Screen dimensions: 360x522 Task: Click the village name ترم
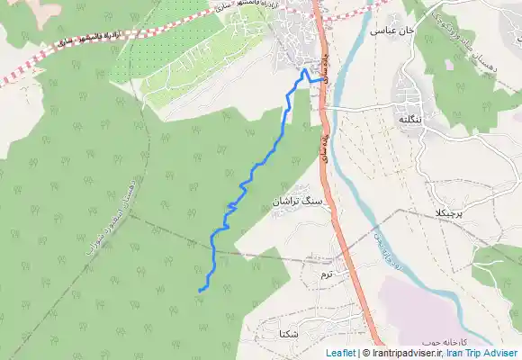pyautogui.click(x=326, y=272)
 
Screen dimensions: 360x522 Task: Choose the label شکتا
pyautogui.click(x=290, y=333)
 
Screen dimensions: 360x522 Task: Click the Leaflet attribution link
pyautogui.click(x=340, y=354)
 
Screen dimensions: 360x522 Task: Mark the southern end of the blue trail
pyautogui.click(x=198, y=290)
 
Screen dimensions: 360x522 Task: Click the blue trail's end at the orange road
pyautogui.click(x=321, y=80)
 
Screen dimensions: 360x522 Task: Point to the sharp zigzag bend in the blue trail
pyautogui.click(x=231, y=207)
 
